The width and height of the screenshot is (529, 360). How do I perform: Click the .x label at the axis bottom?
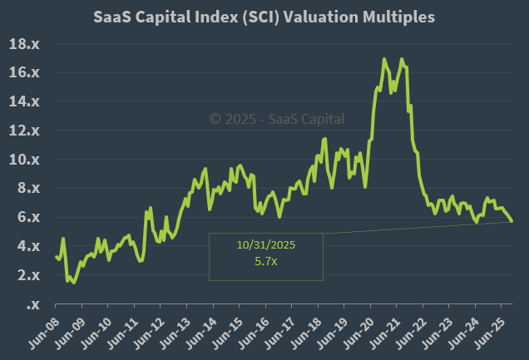[x=34, y=304]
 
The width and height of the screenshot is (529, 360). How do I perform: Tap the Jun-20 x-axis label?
[x=368, y=330]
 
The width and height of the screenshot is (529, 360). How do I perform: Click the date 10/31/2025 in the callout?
[x=265, y=245]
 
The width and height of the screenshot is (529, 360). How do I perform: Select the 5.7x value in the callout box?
[x=265, y=260]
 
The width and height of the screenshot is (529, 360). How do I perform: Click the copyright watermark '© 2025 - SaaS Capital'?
[x=278, y=119]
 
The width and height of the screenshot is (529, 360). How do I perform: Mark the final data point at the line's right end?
[x=512, y=221]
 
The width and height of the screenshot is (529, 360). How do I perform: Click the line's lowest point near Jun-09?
[x=73, y=283]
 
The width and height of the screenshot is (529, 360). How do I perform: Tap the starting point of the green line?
[x=56, y=257]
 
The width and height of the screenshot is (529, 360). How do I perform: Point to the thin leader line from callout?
[x=416, y=228]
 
